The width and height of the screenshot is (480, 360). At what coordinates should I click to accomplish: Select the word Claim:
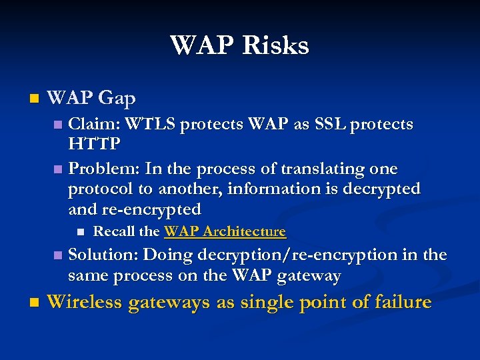(x=95, y=125)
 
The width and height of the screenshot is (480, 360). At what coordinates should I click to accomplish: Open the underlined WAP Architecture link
(x=225, y=231)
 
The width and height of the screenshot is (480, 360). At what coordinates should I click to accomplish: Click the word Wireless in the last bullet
(x=84, y=302)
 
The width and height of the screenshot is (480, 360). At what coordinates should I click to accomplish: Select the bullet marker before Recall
(x=80, y=232)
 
